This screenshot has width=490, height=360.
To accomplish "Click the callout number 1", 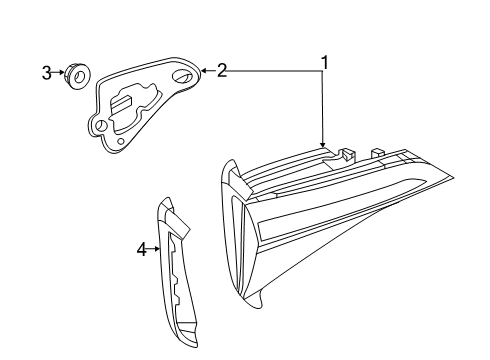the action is tap(324, 63).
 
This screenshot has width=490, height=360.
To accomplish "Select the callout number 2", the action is tap(222, 71).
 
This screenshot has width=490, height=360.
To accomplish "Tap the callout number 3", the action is tap(47, 73).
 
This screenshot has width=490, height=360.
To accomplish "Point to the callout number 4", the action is tap(142, 249).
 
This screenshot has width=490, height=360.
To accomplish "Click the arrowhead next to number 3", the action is tap(62, 72).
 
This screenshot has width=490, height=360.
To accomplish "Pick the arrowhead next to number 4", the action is tap(157, 249).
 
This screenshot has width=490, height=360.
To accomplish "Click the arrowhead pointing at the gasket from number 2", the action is tap(204, 71).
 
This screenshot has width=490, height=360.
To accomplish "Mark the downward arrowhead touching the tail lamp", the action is tap(322, 144).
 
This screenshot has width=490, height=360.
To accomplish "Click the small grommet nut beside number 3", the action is tap(77, 76).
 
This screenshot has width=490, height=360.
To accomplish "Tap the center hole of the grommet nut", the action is tap(79, 77).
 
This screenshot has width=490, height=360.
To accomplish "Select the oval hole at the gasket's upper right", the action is tap(182, 76).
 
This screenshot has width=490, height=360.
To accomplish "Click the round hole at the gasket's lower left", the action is tap(100, 126).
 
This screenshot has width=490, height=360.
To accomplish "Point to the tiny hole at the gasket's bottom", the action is tap(121, 141).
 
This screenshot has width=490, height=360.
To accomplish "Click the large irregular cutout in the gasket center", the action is tap(132, 106).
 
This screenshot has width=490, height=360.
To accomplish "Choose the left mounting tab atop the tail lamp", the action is tap(348, 154).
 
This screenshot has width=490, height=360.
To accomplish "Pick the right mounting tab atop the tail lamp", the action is tap(378, 152).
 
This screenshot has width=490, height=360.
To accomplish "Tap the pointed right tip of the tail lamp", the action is tap(453, 177).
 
